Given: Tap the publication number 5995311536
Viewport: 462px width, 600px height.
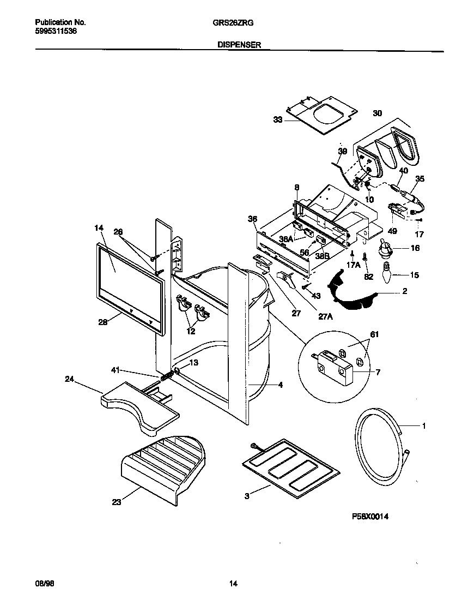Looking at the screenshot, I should (56, 32).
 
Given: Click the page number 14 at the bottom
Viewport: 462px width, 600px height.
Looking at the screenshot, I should (233, 584).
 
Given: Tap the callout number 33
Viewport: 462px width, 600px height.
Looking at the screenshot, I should (278, 119).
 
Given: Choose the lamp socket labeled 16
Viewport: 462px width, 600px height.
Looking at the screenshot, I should (386, 249).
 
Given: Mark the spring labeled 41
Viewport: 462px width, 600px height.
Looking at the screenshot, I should (167, 376).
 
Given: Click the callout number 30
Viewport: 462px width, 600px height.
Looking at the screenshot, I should (377, 113).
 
